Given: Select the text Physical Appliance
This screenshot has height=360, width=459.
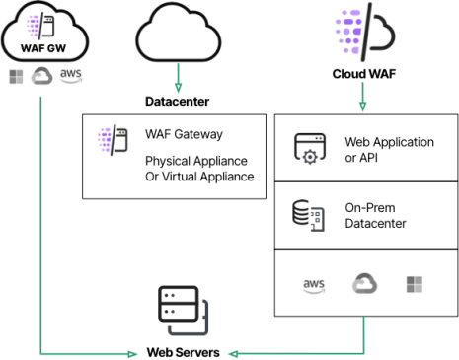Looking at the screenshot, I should (195, 161).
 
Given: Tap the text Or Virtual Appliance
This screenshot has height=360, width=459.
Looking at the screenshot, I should (199, 177).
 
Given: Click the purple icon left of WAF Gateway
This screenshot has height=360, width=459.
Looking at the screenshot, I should (106, 141).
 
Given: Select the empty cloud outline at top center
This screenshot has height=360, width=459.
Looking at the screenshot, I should (179, 37).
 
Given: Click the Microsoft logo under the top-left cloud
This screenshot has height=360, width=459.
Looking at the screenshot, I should (16, 77).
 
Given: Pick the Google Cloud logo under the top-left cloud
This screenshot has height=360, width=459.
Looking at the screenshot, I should (41, 77).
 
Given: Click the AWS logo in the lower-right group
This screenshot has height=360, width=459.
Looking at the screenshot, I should (314, 286).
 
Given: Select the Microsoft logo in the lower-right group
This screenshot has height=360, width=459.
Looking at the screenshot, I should (415, 285).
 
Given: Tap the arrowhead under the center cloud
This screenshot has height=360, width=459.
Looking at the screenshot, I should (179, 90).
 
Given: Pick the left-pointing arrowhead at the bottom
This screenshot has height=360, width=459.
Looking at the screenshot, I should (232, 352).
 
